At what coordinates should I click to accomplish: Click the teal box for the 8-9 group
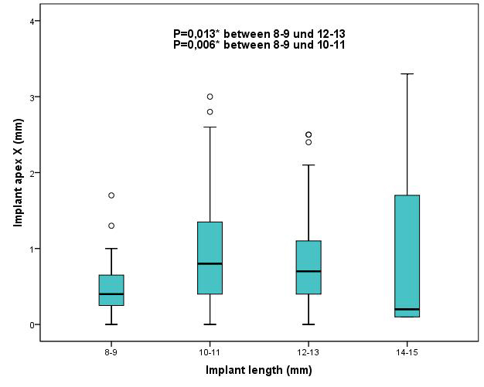click(111, 290)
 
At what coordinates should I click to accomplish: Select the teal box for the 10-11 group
click(210, 257)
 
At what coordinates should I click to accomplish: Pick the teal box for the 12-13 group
click(308, 266)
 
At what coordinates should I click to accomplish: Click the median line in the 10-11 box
click(210, 263)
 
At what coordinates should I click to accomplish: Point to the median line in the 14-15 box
click(407, 309)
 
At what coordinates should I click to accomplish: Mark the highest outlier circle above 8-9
click(111, 195)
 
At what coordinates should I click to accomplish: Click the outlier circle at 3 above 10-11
click(210, 97)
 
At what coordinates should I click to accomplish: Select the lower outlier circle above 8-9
click(111, 226)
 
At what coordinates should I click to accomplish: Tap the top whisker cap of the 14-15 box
click(407, 74)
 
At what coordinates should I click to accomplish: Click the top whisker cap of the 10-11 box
click(210, 127)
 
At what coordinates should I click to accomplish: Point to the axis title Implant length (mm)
click(257, 370)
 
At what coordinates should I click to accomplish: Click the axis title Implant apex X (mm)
click(18, 172)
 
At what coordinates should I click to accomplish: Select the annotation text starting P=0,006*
click(259, 46)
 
